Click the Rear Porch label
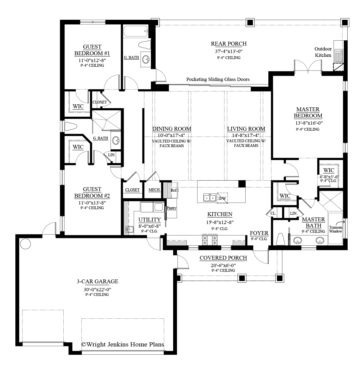(x=229, y=44)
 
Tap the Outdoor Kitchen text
(x=323, y=52)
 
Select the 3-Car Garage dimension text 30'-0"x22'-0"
(x=97, y=289)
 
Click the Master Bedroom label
(x=308, y=113)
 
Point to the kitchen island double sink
(x=209, y=197)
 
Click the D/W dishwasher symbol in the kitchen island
(x=222, y=198)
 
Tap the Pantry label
(x=171, y=208)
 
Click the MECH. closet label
(x=154, y=190)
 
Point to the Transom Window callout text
(x=336, y=229)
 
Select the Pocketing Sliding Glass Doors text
(x=218, y=79)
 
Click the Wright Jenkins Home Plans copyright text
(x=122, y=344)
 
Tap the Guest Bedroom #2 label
(x=92, y=192)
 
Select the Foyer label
(x=259, y=233)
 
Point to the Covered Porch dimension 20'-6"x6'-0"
(x=223, y=265)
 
